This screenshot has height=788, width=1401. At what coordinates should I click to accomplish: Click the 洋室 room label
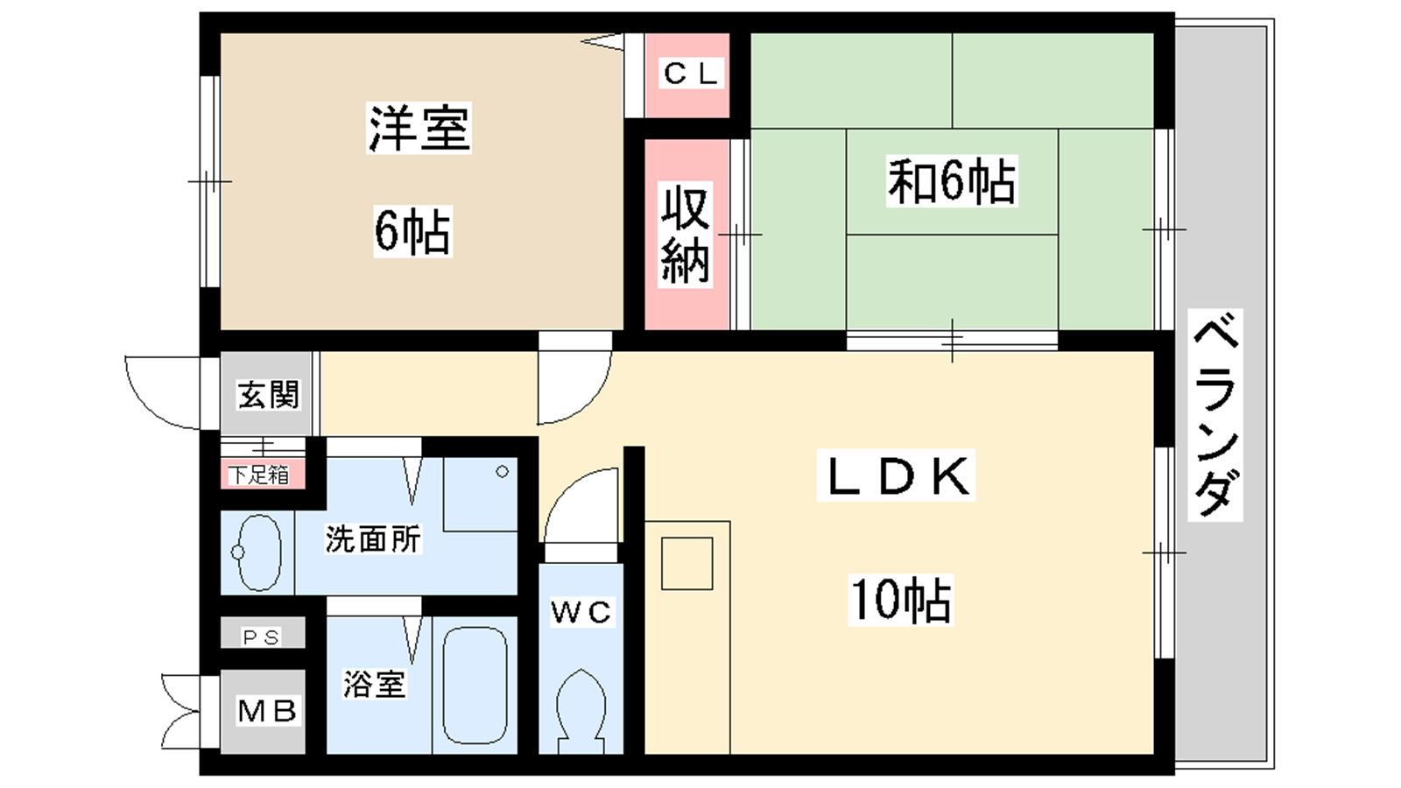click(x=419, y=128)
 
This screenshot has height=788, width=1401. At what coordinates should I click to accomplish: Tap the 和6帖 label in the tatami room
click(x=952, y=181)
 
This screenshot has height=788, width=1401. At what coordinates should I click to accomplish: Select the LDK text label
click(x=897, y=476)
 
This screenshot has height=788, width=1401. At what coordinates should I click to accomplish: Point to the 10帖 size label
click(x=901, y=600)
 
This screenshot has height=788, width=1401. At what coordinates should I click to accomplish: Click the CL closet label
click(x=691, y=74)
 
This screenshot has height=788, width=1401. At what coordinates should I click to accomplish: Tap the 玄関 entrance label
click(x=268, y=394)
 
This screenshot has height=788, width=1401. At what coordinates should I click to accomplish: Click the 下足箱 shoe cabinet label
click(x=259, y=475)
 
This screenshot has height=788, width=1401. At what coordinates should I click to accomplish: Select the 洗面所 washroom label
click(x=373, y=538)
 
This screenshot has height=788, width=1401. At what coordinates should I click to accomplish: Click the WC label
click(x=581, y=612)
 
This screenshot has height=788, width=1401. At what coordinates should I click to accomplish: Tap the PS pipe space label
click(x=262, y=637)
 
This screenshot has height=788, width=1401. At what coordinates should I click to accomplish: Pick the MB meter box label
click(x=267, y=711)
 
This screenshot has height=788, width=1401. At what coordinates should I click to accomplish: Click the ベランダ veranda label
click(x=1215, y=415)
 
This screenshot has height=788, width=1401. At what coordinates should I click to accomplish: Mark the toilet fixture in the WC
click(x=581, y=711)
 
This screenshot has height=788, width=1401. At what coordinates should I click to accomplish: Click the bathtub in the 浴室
click(x=475, y=685)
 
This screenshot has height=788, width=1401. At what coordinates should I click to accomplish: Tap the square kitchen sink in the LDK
click(x=686, y=563)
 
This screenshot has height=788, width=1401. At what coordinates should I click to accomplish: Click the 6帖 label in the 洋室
click(x=412, y=231)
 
